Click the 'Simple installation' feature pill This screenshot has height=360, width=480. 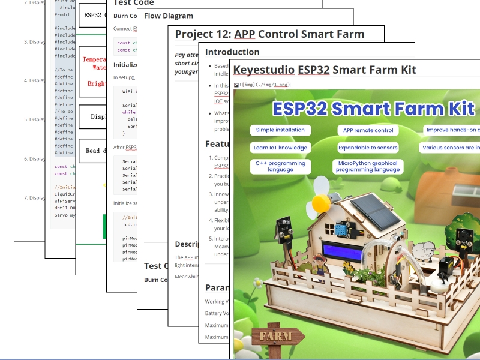[x=280, y=130]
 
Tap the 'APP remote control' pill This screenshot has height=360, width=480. [x=368, y=130]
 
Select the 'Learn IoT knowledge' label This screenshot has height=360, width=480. [x=280, y=148]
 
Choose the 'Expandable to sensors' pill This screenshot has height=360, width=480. [x=368, y=148]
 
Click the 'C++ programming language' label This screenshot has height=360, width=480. [x=280, y=166]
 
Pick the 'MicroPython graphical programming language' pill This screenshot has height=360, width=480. [x=368, y=166]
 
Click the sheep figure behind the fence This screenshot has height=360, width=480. [x=427, y=251]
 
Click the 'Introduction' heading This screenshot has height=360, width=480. [x=232, y=52]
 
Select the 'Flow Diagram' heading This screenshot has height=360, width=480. [x=169, y=16]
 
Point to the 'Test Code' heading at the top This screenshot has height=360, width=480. [x=133, y=2]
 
